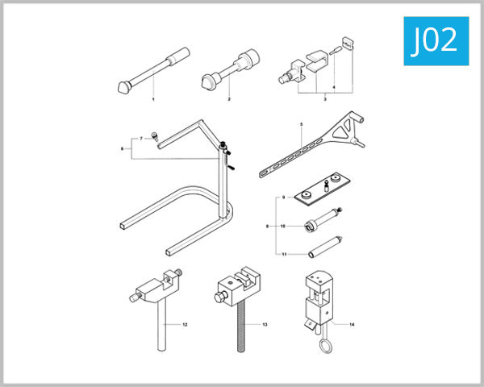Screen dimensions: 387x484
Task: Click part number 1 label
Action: (153, 98)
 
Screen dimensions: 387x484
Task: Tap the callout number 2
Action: (229, 98)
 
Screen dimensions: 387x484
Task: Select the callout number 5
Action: (301, 124)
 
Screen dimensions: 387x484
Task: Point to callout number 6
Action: (122, 148)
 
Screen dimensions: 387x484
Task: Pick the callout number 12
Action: (185, 324)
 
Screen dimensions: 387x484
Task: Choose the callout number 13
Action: (265, 324)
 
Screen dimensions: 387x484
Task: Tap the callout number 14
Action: (352, 324)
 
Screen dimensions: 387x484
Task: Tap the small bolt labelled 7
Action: (155, 138)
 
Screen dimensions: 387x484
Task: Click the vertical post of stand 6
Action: (223, 185)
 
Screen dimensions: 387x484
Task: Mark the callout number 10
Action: (283, 227)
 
